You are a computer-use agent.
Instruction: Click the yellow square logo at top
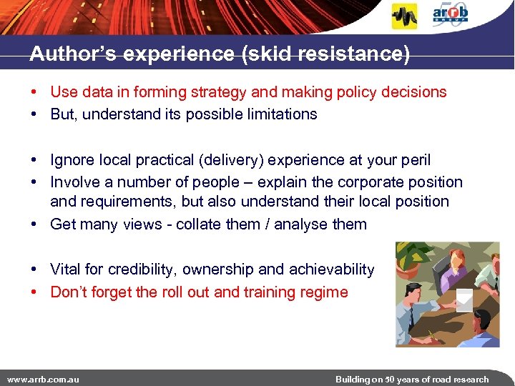click(404, 16)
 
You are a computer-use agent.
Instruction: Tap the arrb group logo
click(451, 15)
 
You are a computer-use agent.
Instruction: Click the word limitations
click(280, 114)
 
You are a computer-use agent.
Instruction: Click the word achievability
click(331, 269)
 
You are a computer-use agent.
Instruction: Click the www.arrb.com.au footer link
click(43, 379)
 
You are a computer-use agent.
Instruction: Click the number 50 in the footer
click(391, 379)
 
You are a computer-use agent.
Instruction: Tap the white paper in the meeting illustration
click(464, 301)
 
